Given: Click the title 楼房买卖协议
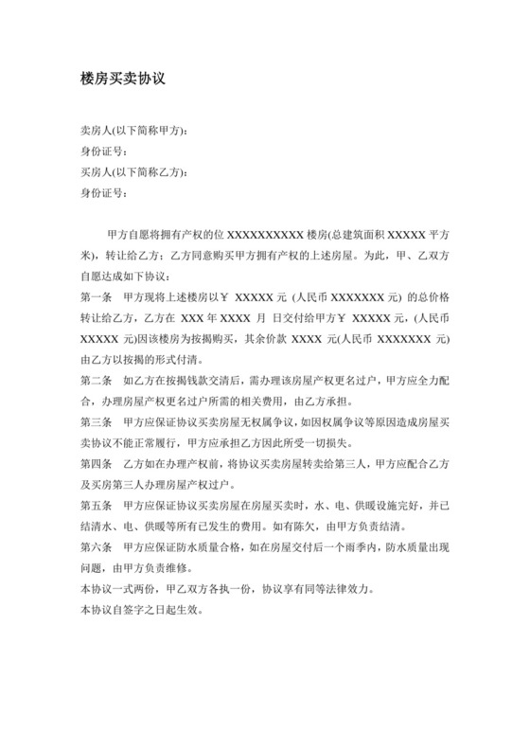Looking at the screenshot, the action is (x=124, y=80).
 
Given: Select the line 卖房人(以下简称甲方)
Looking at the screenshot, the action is (x=141, y=131).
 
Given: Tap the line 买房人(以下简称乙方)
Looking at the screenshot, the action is (x=141, y=172).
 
